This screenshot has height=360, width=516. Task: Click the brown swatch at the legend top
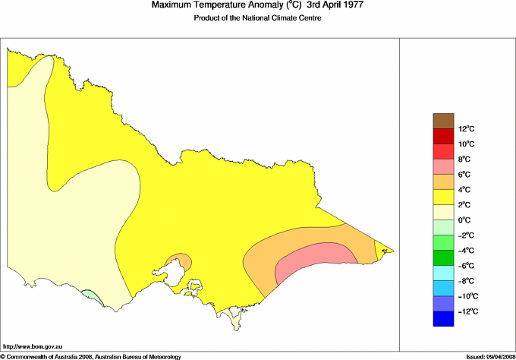tap(442, 120)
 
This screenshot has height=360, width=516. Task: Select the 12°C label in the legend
tap(445, 129)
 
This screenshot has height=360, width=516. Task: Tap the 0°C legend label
tap(445, 220)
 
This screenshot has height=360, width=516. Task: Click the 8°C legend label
tap(445, 159)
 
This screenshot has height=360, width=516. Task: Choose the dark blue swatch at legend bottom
tap(442, 320)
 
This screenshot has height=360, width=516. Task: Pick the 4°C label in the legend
tap(445, 190)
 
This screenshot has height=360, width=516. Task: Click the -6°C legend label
tap(445, 266)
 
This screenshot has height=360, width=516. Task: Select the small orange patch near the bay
tap(178, 261)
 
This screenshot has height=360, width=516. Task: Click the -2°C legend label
tap(445, 235)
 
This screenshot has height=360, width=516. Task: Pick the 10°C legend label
tap(445, 144)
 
